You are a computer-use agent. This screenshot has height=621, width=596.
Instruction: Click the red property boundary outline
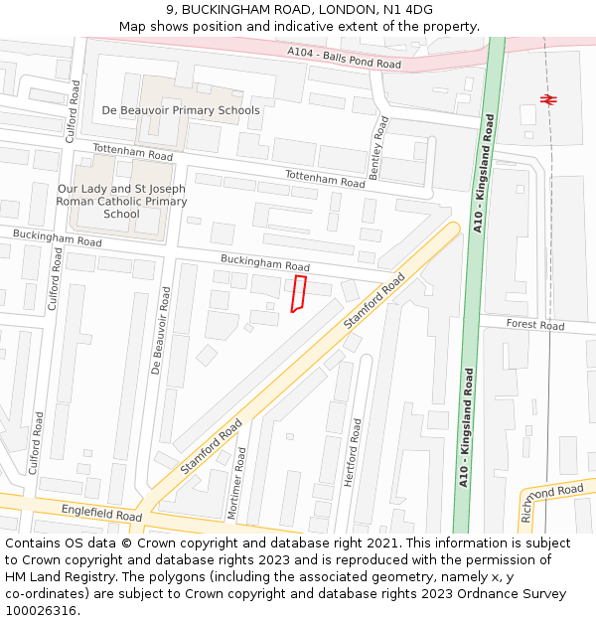point(298,294)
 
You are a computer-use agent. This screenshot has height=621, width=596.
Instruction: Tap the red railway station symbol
point(546,98)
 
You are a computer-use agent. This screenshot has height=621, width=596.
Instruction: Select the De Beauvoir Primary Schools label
point(181,110)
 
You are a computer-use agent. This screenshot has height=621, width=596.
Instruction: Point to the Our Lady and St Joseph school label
point(122,201)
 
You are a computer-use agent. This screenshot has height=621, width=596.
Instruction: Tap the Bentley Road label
point(378,147)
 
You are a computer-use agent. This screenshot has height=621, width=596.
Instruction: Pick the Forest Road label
point(534,325)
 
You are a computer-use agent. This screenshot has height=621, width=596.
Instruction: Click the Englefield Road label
point(101,515)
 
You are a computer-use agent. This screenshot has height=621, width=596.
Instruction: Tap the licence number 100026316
point(41,611)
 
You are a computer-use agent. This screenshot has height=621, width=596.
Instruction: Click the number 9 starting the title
point(167,10)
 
